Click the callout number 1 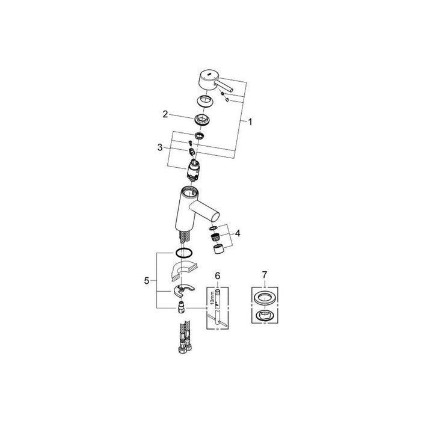(250, 122)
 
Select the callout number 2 (165, 114)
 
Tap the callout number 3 (160, 147)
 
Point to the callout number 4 (238, 233)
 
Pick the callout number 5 (146, 281)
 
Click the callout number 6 (218, 275)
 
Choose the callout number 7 (265, 275)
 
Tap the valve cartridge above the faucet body (193, 169)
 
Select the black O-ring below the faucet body (184, 253)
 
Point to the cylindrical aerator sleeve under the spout (219, 250)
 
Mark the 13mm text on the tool (212, 298)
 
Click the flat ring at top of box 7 (265, 298)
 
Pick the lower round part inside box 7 (265, 315)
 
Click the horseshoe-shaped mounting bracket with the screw (184, 290)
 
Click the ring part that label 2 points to (202, 120)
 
